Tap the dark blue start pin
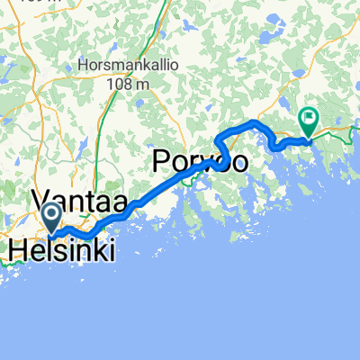[x=50, y=216]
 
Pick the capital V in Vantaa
[x=44, y=199]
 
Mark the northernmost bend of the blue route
[x=256, y=121]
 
